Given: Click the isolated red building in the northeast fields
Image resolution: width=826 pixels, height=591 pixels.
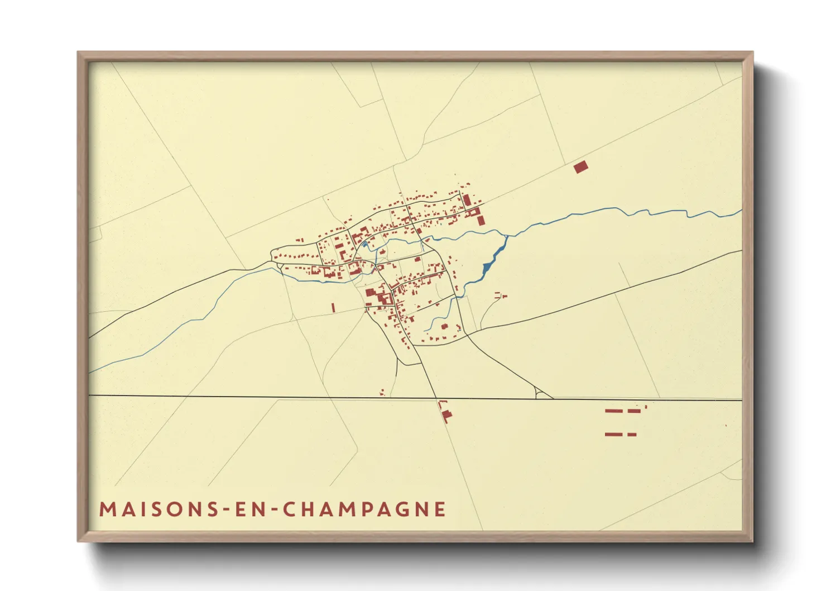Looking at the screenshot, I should point(581,167).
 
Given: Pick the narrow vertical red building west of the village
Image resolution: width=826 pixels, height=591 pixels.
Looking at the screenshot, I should point(333,307).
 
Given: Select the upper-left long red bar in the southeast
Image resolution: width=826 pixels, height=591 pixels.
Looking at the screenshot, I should point(613,411).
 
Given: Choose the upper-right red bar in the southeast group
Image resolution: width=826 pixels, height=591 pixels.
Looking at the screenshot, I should point(634,411).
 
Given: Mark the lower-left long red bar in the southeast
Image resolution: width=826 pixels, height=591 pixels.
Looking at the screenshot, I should point(613,434).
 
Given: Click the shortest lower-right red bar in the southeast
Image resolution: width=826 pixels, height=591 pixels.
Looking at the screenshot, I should point(632,434).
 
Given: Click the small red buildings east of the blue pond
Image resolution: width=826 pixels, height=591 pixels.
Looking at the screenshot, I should point(500,295).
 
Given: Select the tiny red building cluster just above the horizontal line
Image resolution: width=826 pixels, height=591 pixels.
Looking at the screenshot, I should point(382,393).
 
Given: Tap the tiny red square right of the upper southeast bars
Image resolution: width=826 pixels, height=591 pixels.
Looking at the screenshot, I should point(646,407).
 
